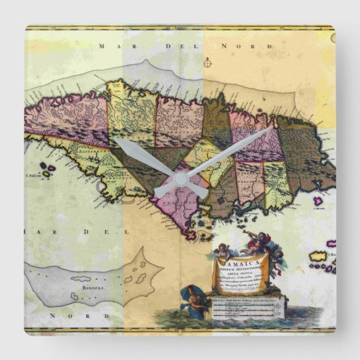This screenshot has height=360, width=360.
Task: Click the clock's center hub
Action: pyautogui.click(x=180, y=179)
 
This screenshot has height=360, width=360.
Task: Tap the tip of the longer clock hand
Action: pyautogui.click(x=272, y=128)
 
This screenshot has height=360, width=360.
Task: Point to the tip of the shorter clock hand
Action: pyautogui.click(x=115, y=141)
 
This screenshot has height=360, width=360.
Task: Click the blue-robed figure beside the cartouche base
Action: pyautogui.click(x=194, y=300)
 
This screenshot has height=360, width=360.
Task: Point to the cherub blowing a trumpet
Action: pyautogui.click(x=257, y=241)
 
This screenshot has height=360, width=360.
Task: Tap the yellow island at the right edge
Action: pyautogui.click(x=319, y=257)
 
